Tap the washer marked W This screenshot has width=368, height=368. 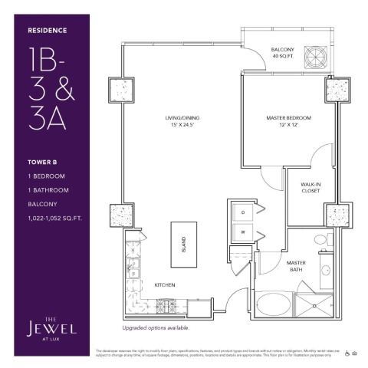242,231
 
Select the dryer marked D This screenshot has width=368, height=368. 242,211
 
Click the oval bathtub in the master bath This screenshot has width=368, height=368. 275,304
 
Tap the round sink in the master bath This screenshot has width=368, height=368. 326,271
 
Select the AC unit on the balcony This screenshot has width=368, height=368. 316,56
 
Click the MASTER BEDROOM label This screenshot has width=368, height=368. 288,118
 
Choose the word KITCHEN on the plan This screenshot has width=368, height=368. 165,285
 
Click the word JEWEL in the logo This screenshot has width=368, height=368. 51,328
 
